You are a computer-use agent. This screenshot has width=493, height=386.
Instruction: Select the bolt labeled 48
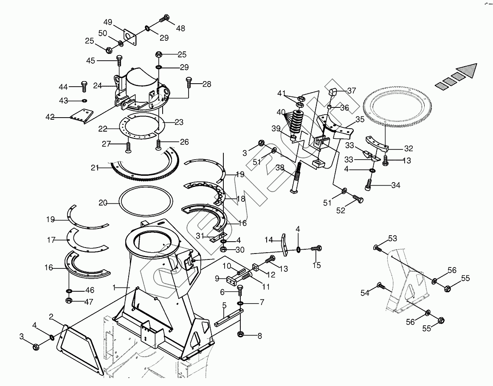click(165, 19)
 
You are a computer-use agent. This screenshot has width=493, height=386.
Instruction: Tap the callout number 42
click(50, 117)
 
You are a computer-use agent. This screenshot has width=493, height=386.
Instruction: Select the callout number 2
click(51, 316)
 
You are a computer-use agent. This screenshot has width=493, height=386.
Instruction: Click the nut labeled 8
click(240, 335)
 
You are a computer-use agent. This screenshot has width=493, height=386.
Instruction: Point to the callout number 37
click(352, 90)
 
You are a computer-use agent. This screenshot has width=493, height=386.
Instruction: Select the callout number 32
click(408, 149)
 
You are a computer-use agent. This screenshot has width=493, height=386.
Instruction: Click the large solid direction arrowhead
click(468, 70)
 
